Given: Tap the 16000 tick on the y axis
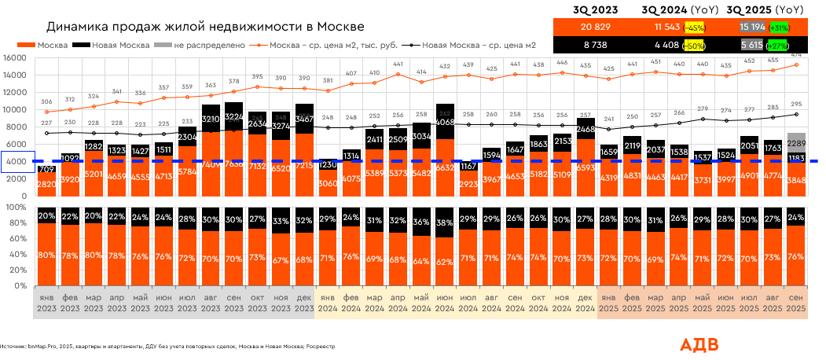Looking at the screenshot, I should [x=15, y=58].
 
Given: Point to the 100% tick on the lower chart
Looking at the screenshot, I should [x=17, y=208].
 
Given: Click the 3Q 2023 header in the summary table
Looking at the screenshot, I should [x=597, y=10].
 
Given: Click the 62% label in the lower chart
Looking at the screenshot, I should [x=445, y=261].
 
